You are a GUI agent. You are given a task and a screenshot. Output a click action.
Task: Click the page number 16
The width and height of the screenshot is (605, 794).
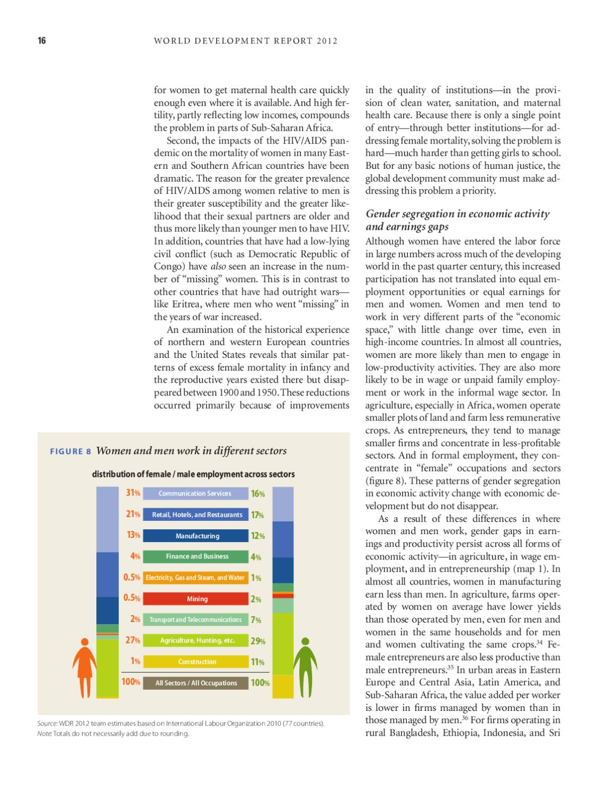click(x=42, y=41)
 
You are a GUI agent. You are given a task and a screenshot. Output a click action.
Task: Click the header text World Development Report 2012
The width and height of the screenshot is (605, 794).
click(x=245, y=41)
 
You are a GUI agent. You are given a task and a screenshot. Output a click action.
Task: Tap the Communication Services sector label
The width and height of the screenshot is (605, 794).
click(x=195, y=493)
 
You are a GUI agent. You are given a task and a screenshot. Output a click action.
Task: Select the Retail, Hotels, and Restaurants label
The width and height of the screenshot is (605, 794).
click(x=197, y=515)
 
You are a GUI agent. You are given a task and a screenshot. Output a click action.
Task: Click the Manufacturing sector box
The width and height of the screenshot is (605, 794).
click(x=197, y=536)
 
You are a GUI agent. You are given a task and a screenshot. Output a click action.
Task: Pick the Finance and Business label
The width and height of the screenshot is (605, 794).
click(x=197, y=556)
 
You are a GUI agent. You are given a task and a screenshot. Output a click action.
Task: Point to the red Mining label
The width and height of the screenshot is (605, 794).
click(x=197, y=599)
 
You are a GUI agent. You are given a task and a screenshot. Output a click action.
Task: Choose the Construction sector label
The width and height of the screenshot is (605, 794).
click(x=197, y=662)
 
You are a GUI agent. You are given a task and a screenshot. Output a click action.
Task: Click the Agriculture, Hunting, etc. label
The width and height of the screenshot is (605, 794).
click(x=197, y=640)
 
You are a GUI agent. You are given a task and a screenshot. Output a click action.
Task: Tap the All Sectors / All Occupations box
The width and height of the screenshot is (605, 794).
click(x=196, y=683)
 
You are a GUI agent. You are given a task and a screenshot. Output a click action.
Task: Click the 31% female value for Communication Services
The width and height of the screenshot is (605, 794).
click(x=132, y=493)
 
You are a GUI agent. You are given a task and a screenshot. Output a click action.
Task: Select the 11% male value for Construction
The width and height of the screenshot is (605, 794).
click(x=257, y=662)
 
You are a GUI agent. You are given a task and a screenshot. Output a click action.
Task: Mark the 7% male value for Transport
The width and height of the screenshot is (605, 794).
click(x=256, y=620)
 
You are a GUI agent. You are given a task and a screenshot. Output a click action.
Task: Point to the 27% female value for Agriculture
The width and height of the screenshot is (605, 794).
click(x=132, y=640)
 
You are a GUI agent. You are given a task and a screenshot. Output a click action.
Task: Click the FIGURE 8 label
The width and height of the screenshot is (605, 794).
click(x=70, y=452)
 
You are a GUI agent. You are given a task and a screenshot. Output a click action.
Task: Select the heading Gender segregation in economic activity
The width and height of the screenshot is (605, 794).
click(x=457, y=214)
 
